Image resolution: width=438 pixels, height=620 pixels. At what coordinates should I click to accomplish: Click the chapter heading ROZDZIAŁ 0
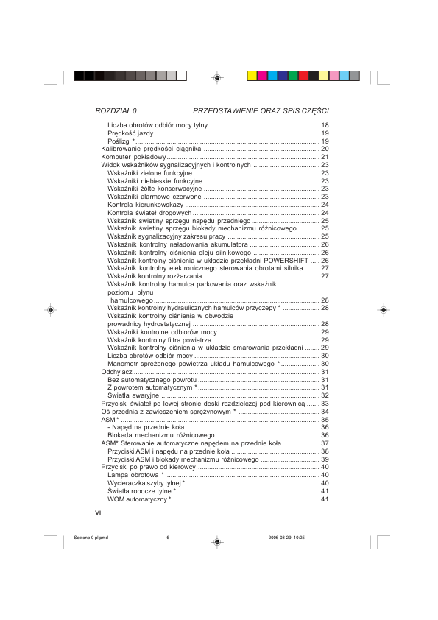(x=116, y=110)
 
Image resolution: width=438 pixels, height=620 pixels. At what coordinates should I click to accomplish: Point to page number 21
(x=325, y=157)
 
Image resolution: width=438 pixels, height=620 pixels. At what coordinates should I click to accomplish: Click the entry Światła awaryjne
(x=130, y=395)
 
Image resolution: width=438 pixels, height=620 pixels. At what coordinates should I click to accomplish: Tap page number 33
(x=325, y=404)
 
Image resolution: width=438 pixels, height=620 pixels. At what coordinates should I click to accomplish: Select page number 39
(x=325, y=459)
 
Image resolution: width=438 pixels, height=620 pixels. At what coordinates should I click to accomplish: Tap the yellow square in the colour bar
(x=251, y=76)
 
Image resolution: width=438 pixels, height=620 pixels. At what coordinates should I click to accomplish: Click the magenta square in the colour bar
(x=261, y=76)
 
